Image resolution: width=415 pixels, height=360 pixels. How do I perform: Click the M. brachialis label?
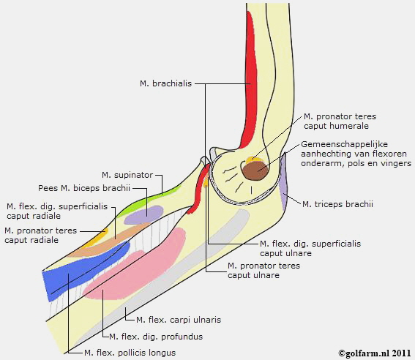pyautogui.click(x=165, y=83)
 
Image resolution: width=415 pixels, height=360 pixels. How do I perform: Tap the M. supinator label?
pyautogui.click(x=127, y=175)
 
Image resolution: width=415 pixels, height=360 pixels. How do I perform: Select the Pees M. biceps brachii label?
pyautogui.click(x=84, y=188)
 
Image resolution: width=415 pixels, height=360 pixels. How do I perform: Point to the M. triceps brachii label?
pyautogui.click(x=337, y=204)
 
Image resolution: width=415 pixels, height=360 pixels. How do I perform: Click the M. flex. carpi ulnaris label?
pyautogui.click(x=179, y=320)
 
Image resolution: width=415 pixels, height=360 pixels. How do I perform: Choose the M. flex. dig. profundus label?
pyautogui.click(x=156, y=337)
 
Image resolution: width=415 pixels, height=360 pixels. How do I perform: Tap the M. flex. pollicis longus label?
pyautogui.click(x=130, y=353)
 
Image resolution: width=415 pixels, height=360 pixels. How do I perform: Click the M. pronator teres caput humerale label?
pyautogui.click(x=340, y=121)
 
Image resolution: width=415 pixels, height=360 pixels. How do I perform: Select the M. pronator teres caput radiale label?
pyautogui.click(x=40, y=235)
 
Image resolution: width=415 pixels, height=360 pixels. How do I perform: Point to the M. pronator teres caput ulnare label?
pyautogui.click(x=264, y=270)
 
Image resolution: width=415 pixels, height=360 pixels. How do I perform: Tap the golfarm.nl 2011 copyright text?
pyautogui.click(x=374, y=353)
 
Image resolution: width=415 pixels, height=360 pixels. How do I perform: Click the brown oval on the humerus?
pyautogui.click(x=255, y=170)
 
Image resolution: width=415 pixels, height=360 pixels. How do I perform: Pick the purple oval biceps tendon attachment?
pyautogui.click(x=143, y=215)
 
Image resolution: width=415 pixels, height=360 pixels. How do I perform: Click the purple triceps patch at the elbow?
pyautogui.click(x=283, y=182)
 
